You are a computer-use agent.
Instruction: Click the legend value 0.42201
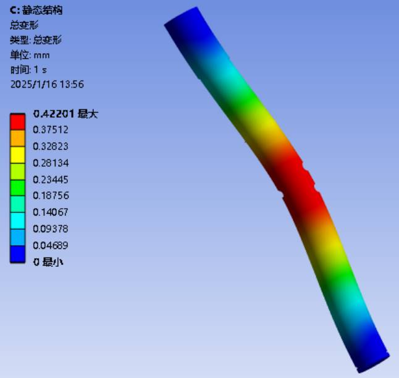coord(54,114)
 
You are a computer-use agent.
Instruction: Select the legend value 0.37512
coord(51,130)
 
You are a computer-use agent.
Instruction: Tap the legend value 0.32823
coord(51,146)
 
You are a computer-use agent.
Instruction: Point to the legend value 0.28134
coord(51,163)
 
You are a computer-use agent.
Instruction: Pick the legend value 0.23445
coord(51,180)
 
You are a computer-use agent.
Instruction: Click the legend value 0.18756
coord(51,196)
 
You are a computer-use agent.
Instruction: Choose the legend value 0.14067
coord(51,212)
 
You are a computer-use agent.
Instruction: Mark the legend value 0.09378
coord(51,229)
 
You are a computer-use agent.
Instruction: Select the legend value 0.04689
coord(51,245)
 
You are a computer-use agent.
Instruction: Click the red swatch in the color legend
coord(17,122)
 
